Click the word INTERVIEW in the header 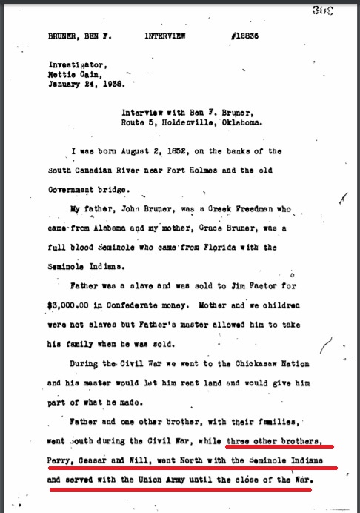(166, 35)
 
